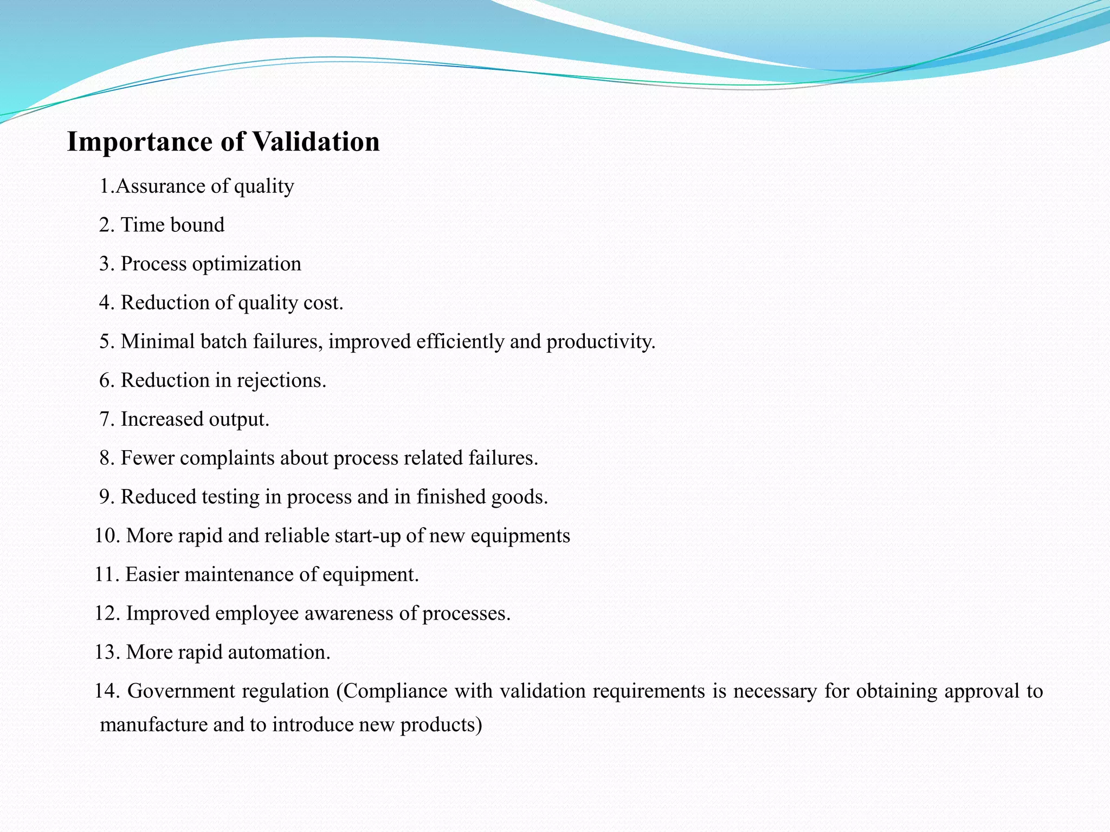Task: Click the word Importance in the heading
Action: pyautogui.click(x=140, y=142)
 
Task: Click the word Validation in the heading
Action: pyautogui.click(x=316, y=142)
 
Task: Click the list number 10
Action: pyautogui.click(x=106, y=536)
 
